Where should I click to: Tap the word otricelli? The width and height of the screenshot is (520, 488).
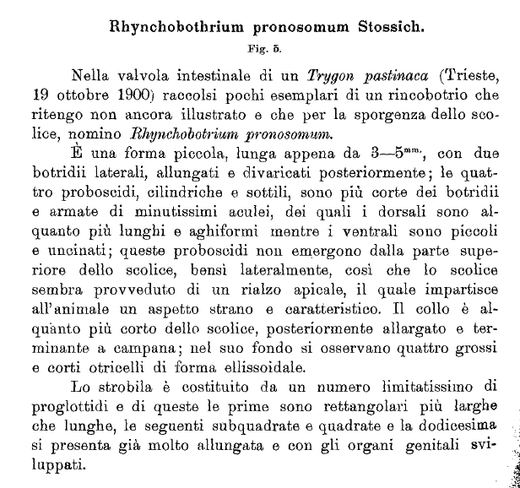pyautogui.click(x=103, y=366)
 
